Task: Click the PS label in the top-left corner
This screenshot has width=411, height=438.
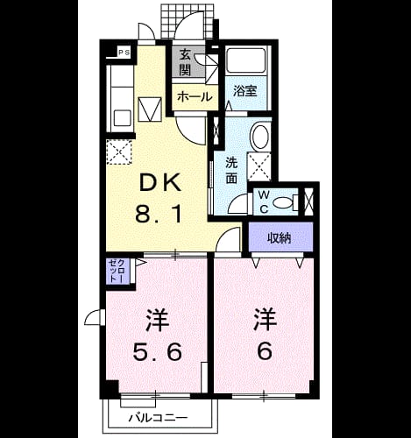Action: click(124, 53)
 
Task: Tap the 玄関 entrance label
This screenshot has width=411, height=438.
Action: click(185, 62)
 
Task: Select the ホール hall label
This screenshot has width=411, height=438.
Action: click(195, 96)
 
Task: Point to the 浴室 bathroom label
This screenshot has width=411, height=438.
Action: click(244, 91)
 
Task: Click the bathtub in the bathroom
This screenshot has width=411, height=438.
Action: click(246, 60)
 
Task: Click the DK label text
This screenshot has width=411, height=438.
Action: click(159, 182)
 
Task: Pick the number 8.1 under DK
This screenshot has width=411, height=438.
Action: click(159, 213)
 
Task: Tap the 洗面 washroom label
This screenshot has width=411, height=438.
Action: click(231, 171)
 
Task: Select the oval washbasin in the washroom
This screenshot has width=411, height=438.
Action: click(260, 137)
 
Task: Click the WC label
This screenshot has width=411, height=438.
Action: click(264, 201)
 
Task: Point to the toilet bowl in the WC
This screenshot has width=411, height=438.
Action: click(283, 202)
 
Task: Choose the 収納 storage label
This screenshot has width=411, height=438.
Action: click(280, 238)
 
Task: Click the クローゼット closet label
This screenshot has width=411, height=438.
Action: click(117, 271)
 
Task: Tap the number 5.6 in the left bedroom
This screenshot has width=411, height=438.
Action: click(158, 352)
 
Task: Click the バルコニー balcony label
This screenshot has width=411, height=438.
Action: click(158, 418)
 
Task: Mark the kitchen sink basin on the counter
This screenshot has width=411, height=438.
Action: click(123, 117)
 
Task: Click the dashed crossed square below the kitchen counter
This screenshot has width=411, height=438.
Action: click(119, 152)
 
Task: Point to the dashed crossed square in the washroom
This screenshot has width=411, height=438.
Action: click(259, 166)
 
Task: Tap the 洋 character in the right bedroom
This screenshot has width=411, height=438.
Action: click(265, 321)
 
